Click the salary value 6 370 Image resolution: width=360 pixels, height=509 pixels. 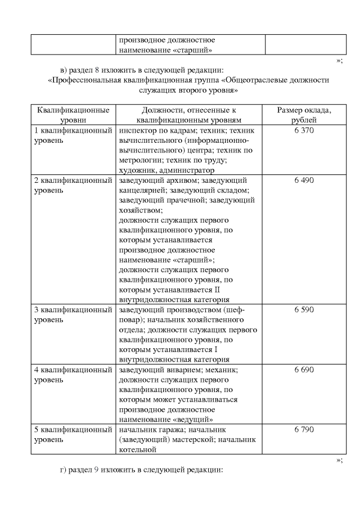(x=304, y=130)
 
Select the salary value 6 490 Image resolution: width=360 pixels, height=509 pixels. (x=304, y=181)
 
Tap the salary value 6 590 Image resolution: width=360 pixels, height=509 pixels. (x=304, y=310)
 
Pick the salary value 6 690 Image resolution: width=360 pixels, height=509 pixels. (x=304, y=370)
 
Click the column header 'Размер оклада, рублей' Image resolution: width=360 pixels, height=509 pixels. (x=304, y=115)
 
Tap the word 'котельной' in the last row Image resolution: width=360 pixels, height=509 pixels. (x=137, y=450)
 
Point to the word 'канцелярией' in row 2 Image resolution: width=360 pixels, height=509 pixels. (x=141, y=190)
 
